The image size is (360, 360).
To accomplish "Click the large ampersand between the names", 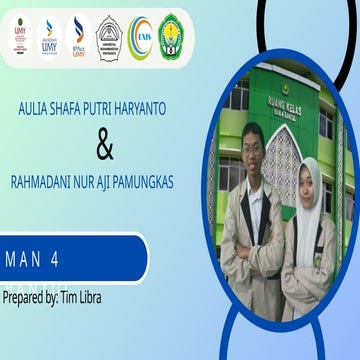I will [104, 147].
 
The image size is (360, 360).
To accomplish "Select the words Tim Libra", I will [82, 297].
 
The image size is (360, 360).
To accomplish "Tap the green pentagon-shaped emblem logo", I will [171, 37].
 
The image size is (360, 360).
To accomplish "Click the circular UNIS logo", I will [140, 37].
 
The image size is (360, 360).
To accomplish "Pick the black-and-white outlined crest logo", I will [109, 37].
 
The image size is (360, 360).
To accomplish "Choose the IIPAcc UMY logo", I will [78, 37].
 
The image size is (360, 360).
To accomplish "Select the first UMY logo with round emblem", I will [19, 37].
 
